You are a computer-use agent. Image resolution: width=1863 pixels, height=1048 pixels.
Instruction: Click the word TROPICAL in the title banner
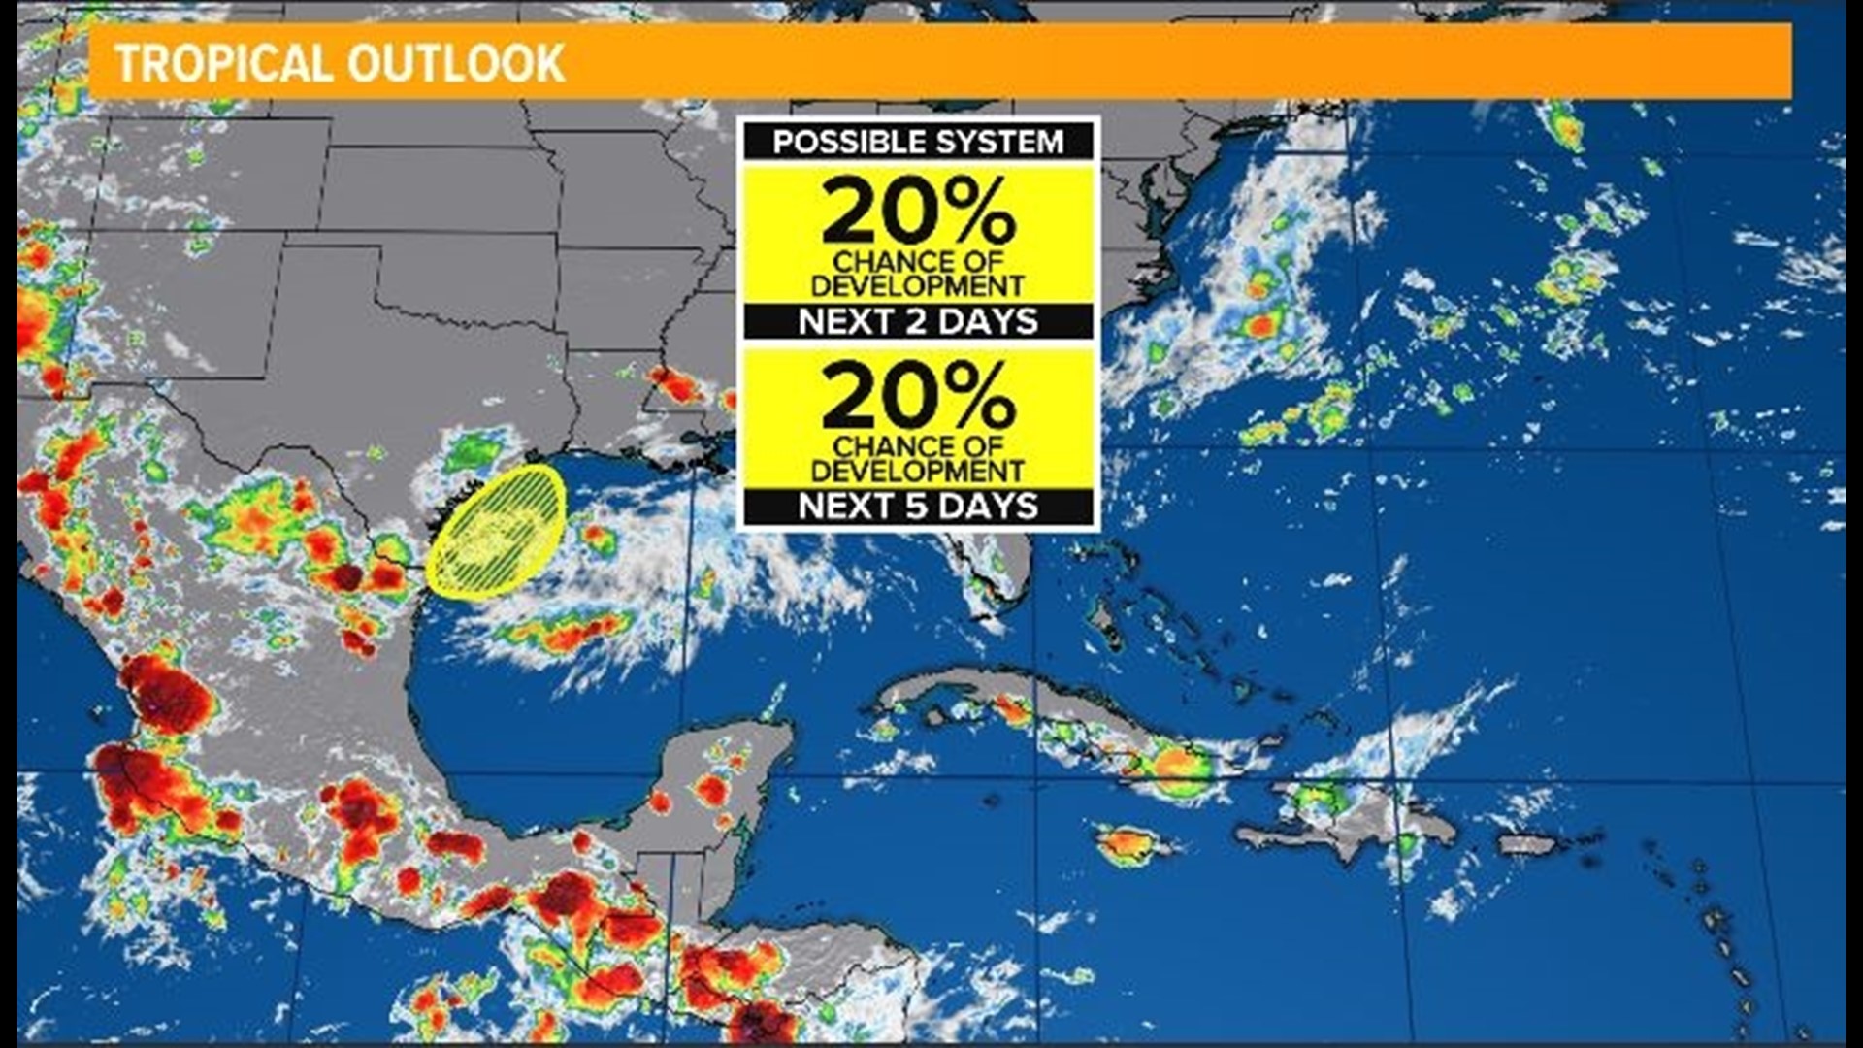tap(224, 64)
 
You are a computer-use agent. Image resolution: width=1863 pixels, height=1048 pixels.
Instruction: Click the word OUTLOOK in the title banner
tap(455, 64)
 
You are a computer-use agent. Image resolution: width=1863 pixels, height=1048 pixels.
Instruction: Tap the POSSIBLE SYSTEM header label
tap(918, 142)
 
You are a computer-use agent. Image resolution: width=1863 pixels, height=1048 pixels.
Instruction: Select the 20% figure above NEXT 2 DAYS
tap(918, 212)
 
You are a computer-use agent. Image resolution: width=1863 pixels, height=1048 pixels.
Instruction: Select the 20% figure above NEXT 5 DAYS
tap(918, 396)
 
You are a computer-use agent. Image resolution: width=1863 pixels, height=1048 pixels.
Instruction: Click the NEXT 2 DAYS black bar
tap(918, 321)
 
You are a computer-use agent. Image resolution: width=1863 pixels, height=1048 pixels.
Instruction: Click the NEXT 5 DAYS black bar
tap(918, 506)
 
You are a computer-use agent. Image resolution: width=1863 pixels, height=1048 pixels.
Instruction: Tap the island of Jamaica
tap(1131, 844)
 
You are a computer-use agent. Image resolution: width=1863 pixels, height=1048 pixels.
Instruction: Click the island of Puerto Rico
tap(1533, 844)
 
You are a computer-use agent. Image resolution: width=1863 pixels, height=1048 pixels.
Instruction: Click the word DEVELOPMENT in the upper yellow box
tap(918, 286)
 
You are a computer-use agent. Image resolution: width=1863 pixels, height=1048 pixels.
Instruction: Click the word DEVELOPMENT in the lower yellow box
tap(918, 472)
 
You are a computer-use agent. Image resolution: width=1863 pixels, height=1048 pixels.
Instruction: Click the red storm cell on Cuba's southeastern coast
tap(1174, 765)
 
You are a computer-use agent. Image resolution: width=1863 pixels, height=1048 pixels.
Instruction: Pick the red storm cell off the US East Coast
tap(1261, 325)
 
